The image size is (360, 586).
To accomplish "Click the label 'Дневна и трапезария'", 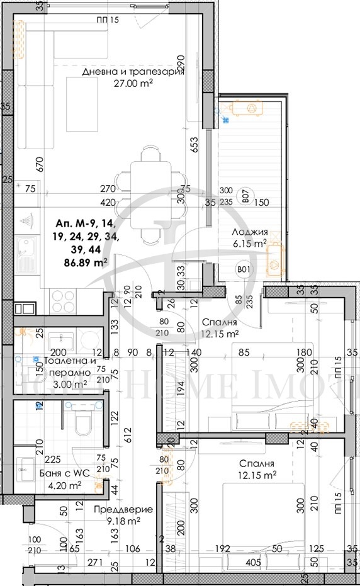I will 133,72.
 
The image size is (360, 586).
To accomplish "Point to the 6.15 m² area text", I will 251,242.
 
